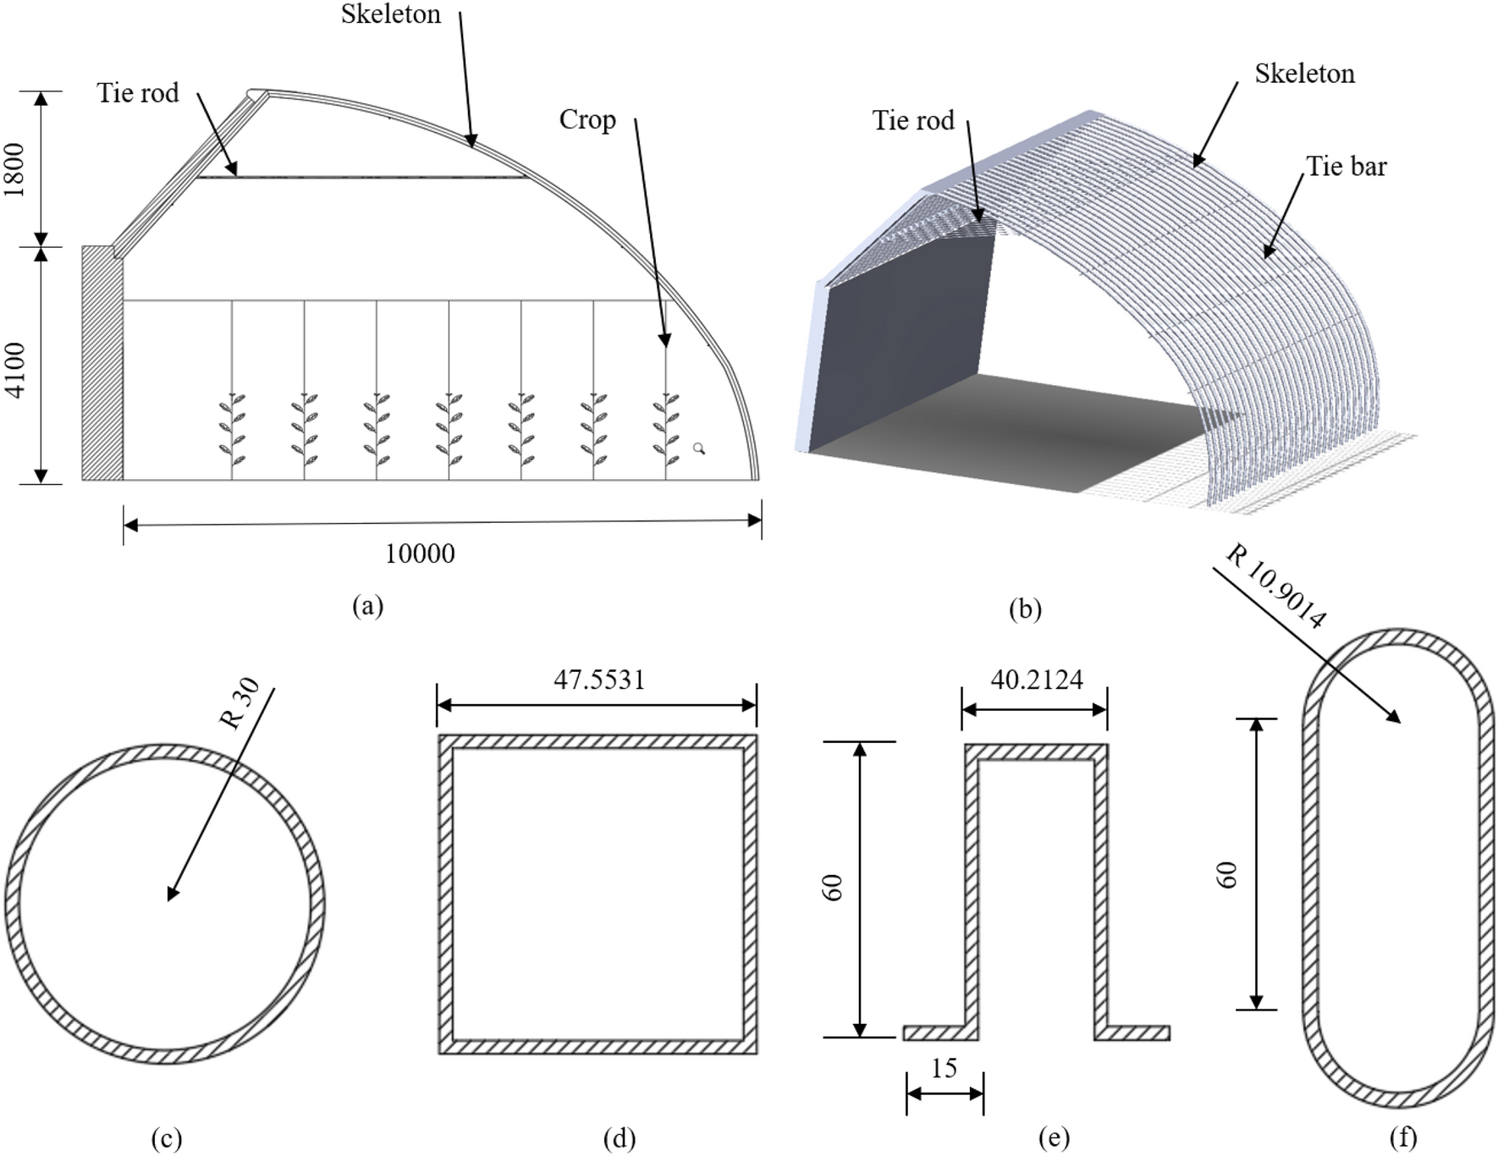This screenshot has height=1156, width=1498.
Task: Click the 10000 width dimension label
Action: point(420,554)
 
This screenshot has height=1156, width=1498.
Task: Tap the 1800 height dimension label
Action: point(15,169)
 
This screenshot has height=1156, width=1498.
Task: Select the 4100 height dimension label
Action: point(15,370)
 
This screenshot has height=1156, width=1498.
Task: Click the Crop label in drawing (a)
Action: point(587,120)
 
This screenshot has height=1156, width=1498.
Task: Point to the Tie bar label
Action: point(1346,166)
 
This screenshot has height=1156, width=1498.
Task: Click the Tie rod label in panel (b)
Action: point(913,121)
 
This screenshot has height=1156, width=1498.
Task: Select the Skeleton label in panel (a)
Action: point(391,14)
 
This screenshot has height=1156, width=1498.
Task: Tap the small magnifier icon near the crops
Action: point(699,449)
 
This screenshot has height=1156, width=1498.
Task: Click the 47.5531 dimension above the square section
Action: point(599,680)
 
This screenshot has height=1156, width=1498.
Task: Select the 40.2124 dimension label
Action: point(1037,680)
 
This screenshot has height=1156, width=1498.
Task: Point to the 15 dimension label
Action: point(944,1069)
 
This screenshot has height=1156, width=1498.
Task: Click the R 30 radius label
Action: point(239,704)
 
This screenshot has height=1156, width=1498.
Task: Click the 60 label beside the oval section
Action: point(1227,874)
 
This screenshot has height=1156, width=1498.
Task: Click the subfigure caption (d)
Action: point(620,1138)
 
